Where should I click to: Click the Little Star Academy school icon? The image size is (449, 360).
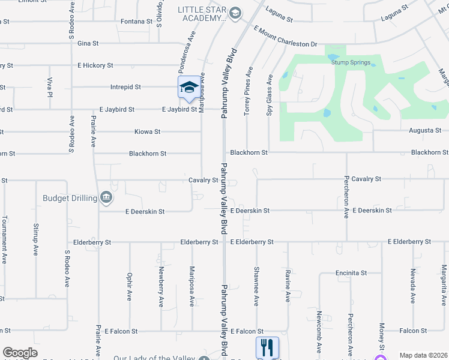236,13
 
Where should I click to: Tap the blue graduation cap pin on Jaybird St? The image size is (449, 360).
189,87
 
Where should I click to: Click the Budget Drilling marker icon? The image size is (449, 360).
106,197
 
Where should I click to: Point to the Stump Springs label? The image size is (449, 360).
349,62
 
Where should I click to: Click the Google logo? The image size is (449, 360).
20,353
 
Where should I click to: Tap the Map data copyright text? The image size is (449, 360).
423,355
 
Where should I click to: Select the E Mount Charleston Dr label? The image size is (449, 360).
285,36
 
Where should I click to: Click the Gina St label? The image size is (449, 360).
88,43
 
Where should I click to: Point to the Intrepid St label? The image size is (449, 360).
125,87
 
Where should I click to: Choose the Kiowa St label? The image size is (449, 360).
148,131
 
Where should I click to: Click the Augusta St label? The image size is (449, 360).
425,130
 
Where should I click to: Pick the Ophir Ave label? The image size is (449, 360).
129,287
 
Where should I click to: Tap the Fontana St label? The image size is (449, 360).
136,21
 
